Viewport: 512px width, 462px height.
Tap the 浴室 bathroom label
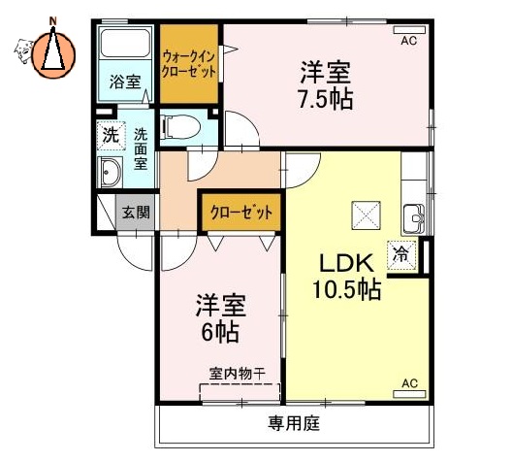pyautogui.click(x=123, y=81)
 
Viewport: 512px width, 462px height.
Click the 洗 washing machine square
pyautogui.click(x=112, y=135)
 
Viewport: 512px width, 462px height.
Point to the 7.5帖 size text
pyautogui.click(x=324, y=99)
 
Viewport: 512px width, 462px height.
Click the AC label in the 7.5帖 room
pyautogui.click(x=408, y=39)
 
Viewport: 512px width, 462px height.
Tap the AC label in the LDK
pyautogui.click(x=408, y=384)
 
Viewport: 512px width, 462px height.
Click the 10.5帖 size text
pyautogui.click(x=345, y=289)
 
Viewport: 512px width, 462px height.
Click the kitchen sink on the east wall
pyautogui.click(x=414, y=216)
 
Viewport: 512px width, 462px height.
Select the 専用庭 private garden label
pyautogui.click(x=294, y=424)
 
